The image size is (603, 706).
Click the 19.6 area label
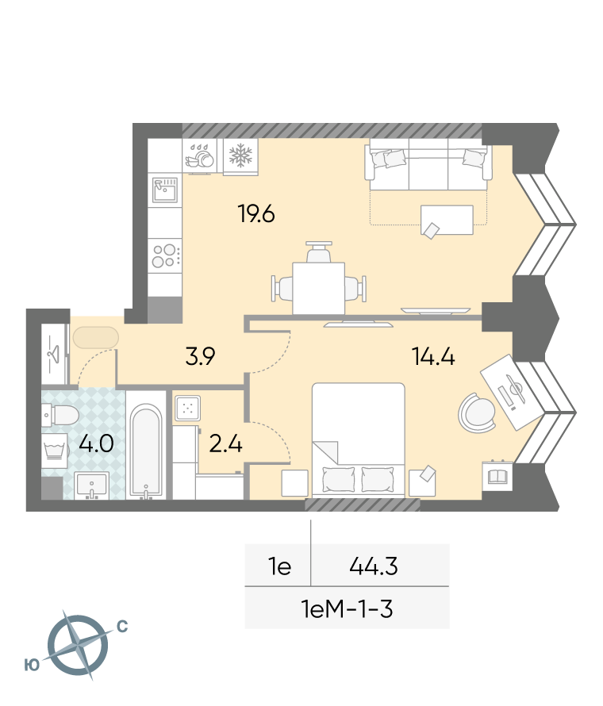pos(256,213)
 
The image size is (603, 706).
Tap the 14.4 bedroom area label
pos(433,356)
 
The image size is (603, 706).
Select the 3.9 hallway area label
pos(201,356)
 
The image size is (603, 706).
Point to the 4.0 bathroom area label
pos(96,443)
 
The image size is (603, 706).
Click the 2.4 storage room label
pos(226,444)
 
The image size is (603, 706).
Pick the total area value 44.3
pos(374,566)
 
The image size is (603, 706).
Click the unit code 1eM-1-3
pos(348,609)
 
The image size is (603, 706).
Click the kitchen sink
pos(165,190)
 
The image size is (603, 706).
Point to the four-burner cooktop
pos(165,255)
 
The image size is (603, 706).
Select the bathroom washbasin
pos(91,485)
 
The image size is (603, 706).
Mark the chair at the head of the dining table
pos(319,251)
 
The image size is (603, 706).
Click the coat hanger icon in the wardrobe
pos(54,355)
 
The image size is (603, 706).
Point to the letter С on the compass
pos(122,627)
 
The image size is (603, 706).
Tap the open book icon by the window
pos(497,476)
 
